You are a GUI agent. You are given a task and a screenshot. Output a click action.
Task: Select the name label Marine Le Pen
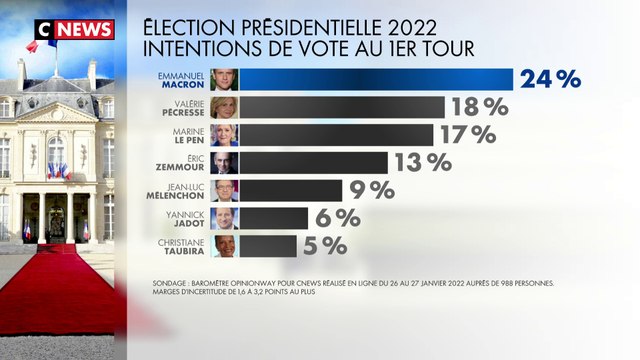(188, 135)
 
